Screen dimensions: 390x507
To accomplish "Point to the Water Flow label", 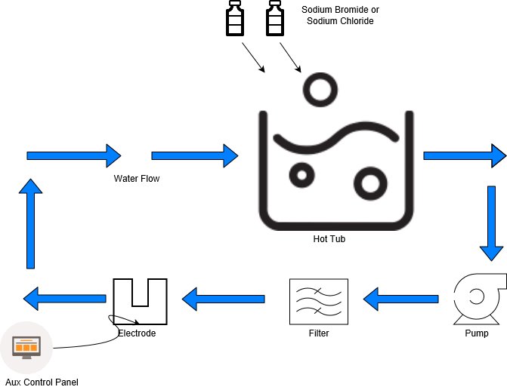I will coord(137,179).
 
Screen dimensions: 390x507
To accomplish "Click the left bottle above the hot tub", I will coord(235,20).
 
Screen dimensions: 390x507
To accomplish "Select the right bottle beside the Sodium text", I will coord(274,20).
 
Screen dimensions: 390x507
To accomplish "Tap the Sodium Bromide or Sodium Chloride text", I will coord(337,15).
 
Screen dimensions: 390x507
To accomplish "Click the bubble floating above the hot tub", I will coord(317,90).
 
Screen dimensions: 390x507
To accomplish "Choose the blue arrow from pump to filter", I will coord(401,299).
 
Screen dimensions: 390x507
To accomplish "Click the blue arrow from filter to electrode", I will coord(224,299).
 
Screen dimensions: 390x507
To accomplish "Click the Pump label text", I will coord(476,333).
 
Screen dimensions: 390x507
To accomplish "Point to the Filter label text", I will coord(319,333).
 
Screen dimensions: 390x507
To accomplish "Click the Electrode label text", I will coord(138,333).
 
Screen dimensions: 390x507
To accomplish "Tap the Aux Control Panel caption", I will coord(42,382).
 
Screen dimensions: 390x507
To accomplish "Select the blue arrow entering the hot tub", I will coord(194,155).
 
